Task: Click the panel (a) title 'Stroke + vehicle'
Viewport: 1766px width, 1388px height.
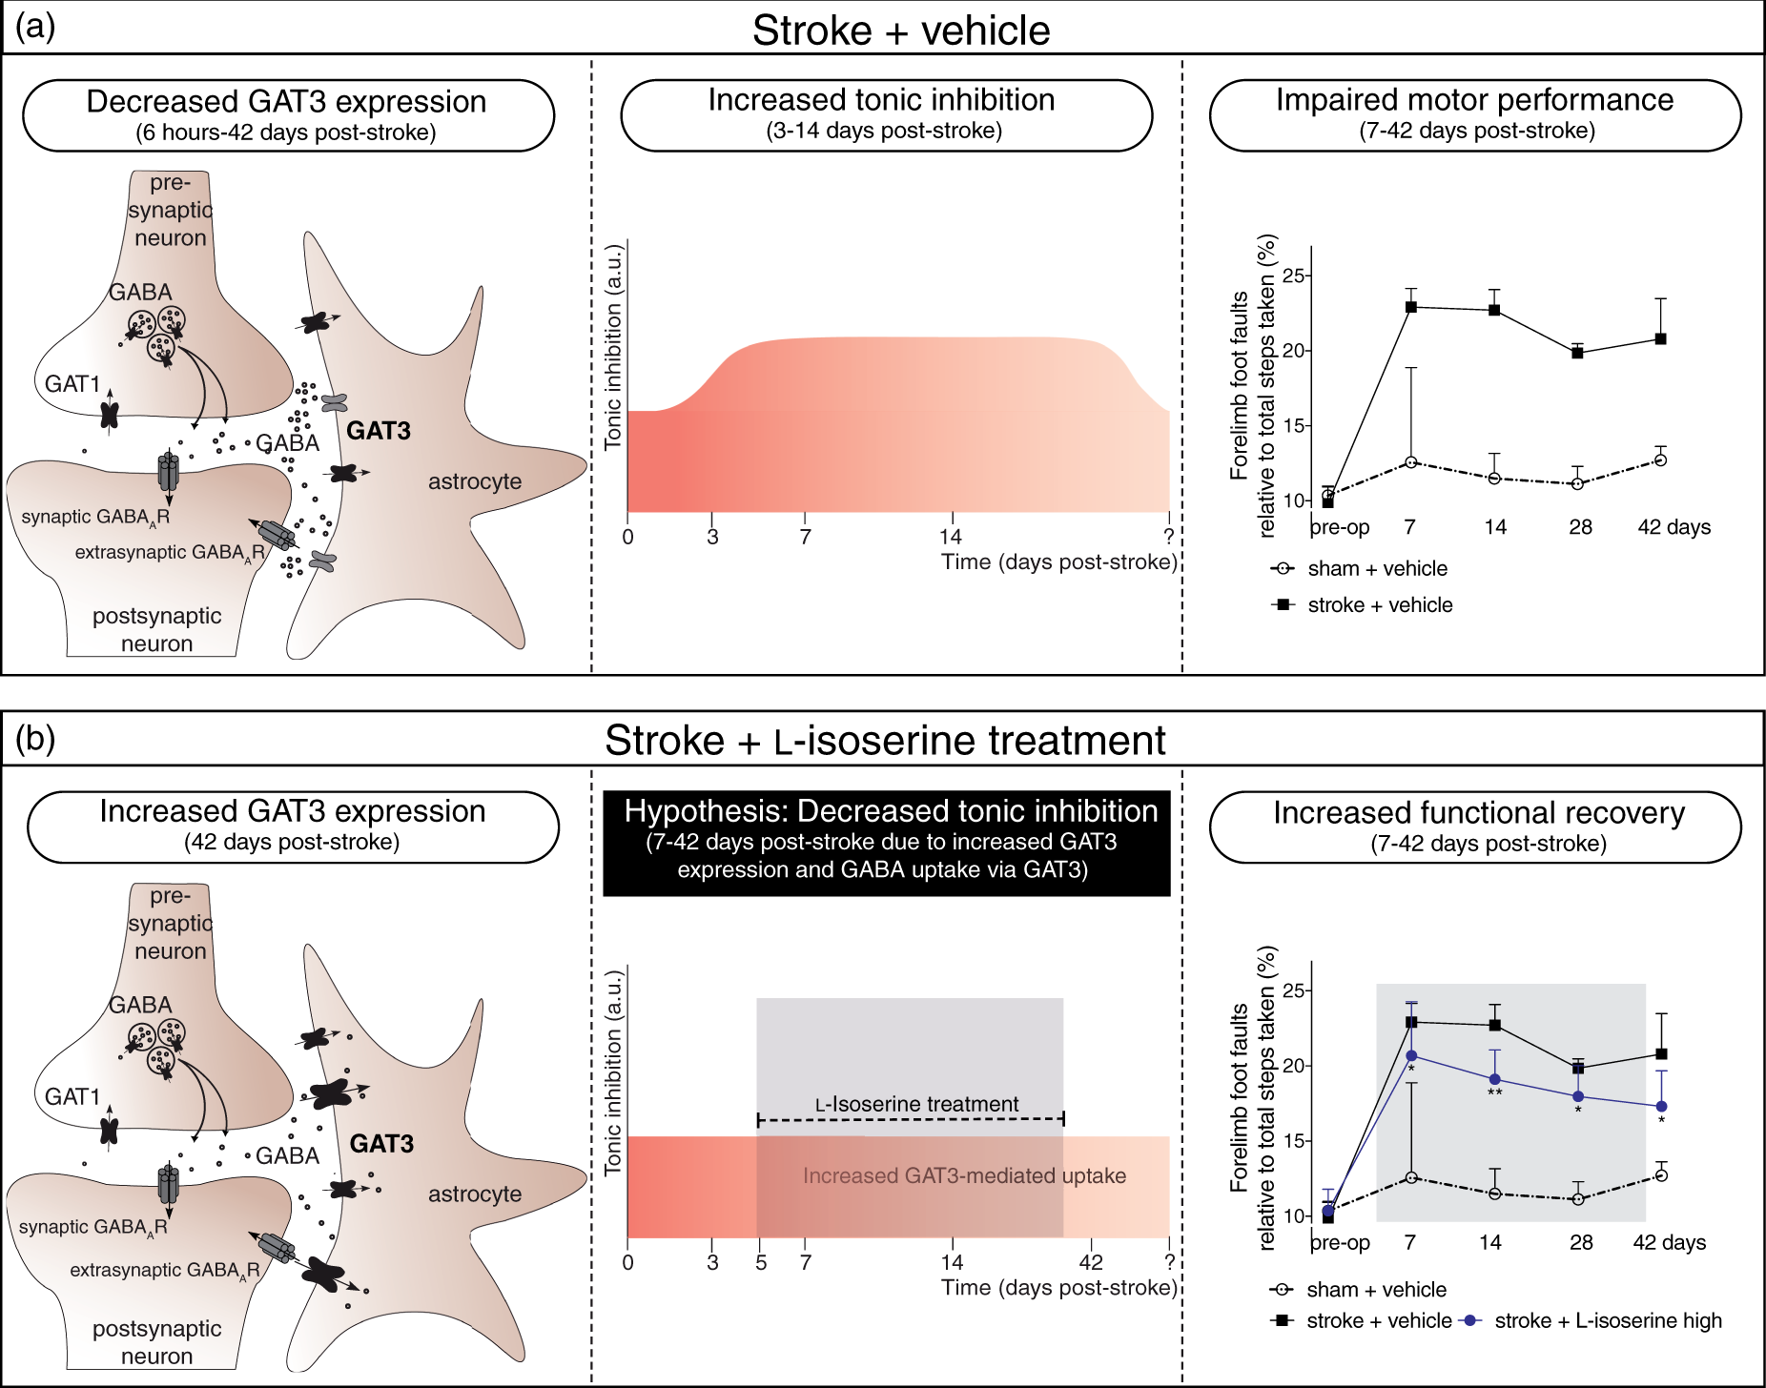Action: coord(901,31)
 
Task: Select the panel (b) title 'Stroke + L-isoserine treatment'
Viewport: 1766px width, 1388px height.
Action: coord(885,741)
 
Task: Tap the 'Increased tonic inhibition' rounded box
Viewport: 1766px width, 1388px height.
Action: coord(886,115)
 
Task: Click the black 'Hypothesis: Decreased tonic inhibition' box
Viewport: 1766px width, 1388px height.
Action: coord(887,843)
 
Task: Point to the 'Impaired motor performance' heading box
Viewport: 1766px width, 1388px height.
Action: coord(1475,115)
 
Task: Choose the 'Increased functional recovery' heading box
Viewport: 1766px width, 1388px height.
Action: coord(1475,827)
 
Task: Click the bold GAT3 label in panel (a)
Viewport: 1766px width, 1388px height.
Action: coord(379,431)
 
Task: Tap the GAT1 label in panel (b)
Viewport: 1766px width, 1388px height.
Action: coord(72,1096)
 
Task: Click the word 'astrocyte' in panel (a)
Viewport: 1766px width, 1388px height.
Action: coord(475,481)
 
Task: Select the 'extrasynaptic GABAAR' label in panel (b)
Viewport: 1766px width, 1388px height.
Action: coord(165,1271)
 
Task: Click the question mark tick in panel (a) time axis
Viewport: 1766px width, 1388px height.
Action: coord(1169,536)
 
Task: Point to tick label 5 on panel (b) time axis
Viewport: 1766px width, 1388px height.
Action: coord(761,1262)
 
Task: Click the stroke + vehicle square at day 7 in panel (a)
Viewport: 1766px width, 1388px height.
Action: coord(1410,307)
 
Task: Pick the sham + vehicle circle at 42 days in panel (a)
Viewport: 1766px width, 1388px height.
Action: coord(1660,460)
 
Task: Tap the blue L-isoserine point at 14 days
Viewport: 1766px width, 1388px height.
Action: coord(1494,1079)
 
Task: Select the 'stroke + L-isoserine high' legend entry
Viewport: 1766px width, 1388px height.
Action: coord(1591,1320)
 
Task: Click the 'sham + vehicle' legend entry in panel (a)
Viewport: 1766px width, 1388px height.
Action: coord(1359,568)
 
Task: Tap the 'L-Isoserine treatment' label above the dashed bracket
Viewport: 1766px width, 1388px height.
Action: coord(916,1104)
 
